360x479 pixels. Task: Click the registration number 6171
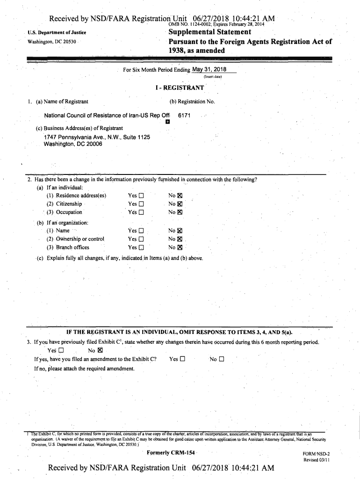coord(184,115)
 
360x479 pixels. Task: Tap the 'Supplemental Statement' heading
coord(210,32)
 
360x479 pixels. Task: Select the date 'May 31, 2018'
coord(209,70)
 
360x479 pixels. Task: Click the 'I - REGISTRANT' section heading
coord(180,87)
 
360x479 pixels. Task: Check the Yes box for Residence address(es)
coord(141,196)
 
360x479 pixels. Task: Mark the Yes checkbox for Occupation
coord(141,212)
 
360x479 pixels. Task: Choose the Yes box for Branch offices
coord(141,247)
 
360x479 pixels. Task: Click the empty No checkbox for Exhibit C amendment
coord(222,359)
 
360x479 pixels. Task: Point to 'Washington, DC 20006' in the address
coord(73,144)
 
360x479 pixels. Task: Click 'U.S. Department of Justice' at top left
coord(57,33)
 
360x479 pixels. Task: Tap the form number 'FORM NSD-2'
coord(317,454)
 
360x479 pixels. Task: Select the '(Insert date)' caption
coord(212,77)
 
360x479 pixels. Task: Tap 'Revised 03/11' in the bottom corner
coord(317,460)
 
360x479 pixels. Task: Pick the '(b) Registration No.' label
coord(192,102)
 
